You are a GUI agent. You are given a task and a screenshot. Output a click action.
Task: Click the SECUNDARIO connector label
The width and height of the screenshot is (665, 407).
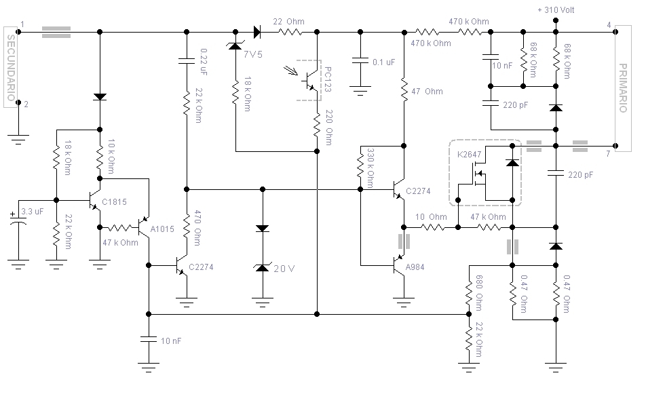click(x=11, y=68)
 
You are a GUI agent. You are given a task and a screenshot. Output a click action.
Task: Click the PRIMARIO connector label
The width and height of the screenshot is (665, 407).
click(x=623, y=88)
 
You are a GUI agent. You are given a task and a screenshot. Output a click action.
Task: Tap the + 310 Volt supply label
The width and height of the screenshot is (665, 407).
click(x=556, y=9)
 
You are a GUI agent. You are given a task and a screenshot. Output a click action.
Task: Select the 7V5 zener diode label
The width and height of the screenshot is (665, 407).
click(x=253, y=54)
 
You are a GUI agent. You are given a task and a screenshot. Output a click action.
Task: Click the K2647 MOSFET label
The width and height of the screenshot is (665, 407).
click(x=469, y=155)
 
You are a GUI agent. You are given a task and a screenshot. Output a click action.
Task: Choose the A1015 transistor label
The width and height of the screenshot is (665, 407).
click(x=162, y=229)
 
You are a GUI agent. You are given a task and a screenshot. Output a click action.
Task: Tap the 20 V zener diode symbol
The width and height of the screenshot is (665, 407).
click(x=263, y=267)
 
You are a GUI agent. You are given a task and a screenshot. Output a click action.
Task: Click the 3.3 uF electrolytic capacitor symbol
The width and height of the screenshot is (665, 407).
click(x=18, y=218)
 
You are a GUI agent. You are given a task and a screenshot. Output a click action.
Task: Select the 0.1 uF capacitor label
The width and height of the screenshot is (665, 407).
click(x=383, y=62)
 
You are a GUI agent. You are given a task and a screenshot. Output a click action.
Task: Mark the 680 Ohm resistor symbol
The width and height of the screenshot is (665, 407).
click(x=469, y=292)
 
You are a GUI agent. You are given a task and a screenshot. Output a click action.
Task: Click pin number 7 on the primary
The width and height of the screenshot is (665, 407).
click(x=608, y=154)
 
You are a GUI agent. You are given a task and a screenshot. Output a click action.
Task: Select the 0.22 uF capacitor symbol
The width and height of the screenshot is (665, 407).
click(x=186, y=60)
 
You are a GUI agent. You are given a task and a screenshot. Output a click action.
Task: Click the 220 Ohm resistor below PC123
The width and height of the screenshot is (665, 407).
click(x=317, y=125)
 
